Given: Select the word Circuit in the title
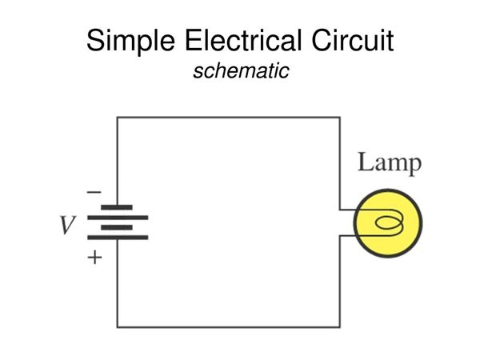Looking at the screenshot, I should [x=353, y=41].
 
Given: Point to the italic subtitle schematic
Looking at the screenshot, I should [x=240, y=70].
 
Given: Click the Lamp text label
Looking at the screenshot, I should [x=389, y=163].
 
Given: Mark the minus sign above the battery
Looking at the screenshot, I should [x=94, y=192].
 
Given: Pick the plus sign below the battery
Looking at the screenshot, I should [x=94, y=258].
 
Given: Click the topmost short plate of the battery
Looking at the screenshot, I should [x=117, y=207].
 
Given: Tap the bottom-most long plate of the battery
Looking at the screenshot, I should [x=117, y=238].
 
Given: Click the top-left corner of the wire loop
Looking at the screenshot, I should [x=118, y=118].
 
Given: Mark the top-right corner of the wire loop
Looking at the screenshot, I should [x=339, y=118].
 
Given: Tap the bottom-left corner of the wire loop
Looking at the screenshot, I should [x=118, y=326].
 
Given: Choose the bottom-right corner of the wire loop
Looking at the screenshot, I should [x=339, y=326].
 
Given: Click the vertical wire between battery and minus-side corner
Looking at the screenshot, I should [x=118, y=160].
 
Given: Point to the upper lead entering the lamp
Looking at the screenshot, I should [x=347, y=211].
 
